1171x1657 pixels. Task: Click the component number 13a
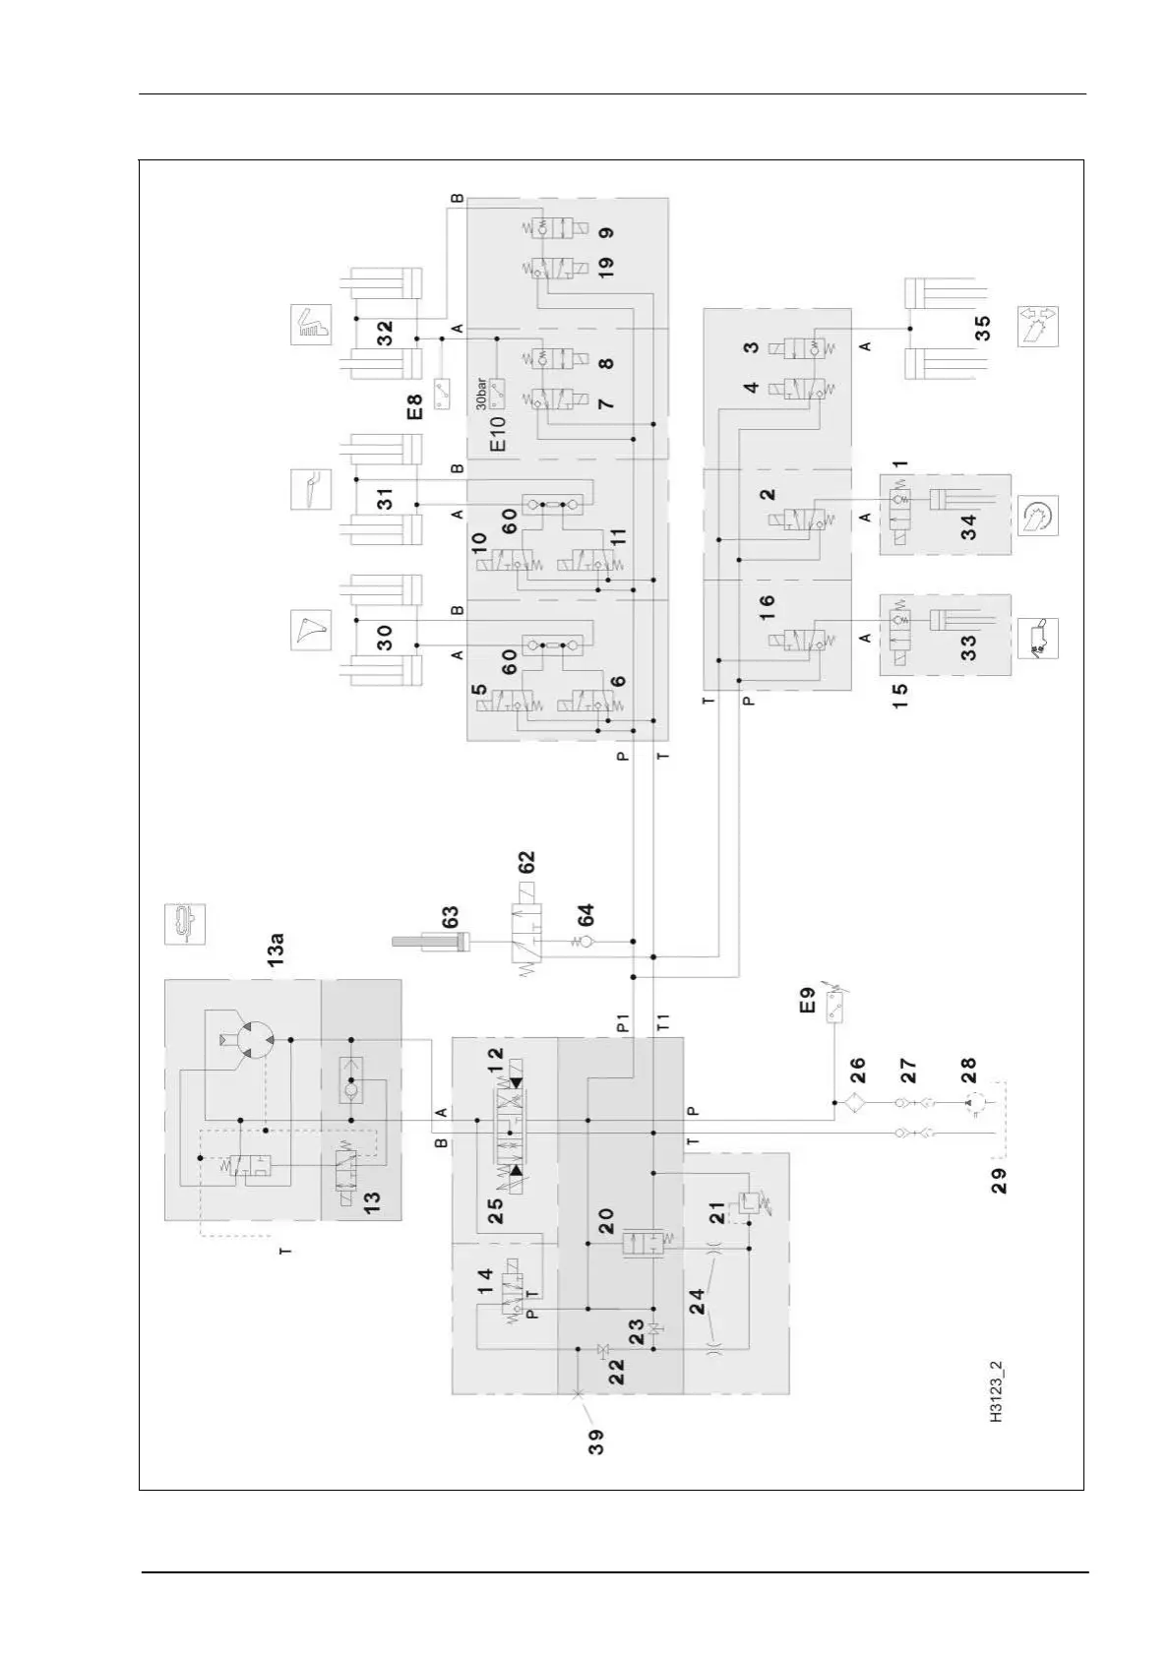[x=278, y=948]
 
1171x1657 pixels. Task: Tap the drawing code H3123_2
[x=997, y=1392]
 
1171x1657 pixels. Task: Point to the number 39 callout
[x=596, y=1442]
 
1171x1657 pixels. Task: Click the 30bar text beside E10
[x=481, y=394]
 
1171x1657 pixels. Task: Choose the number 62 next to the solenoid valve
[x=527, y=862]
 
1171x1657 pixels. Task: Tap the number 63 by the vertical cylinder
[x=451, y=917]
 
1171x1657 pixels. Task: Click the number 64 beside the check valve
[x=586, y=915]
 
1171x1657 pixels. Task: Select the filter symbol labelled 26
[x=853, y=1104]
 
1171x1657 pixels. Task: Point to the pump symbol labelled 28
[x=972, y=1104]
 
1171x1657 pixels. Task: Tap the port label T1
[x=662, y=1023]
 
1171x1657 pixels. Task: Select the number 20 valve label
[x=607, y=1220]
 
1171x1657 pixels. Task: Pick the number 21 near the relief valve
[x=717, y=1212]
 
